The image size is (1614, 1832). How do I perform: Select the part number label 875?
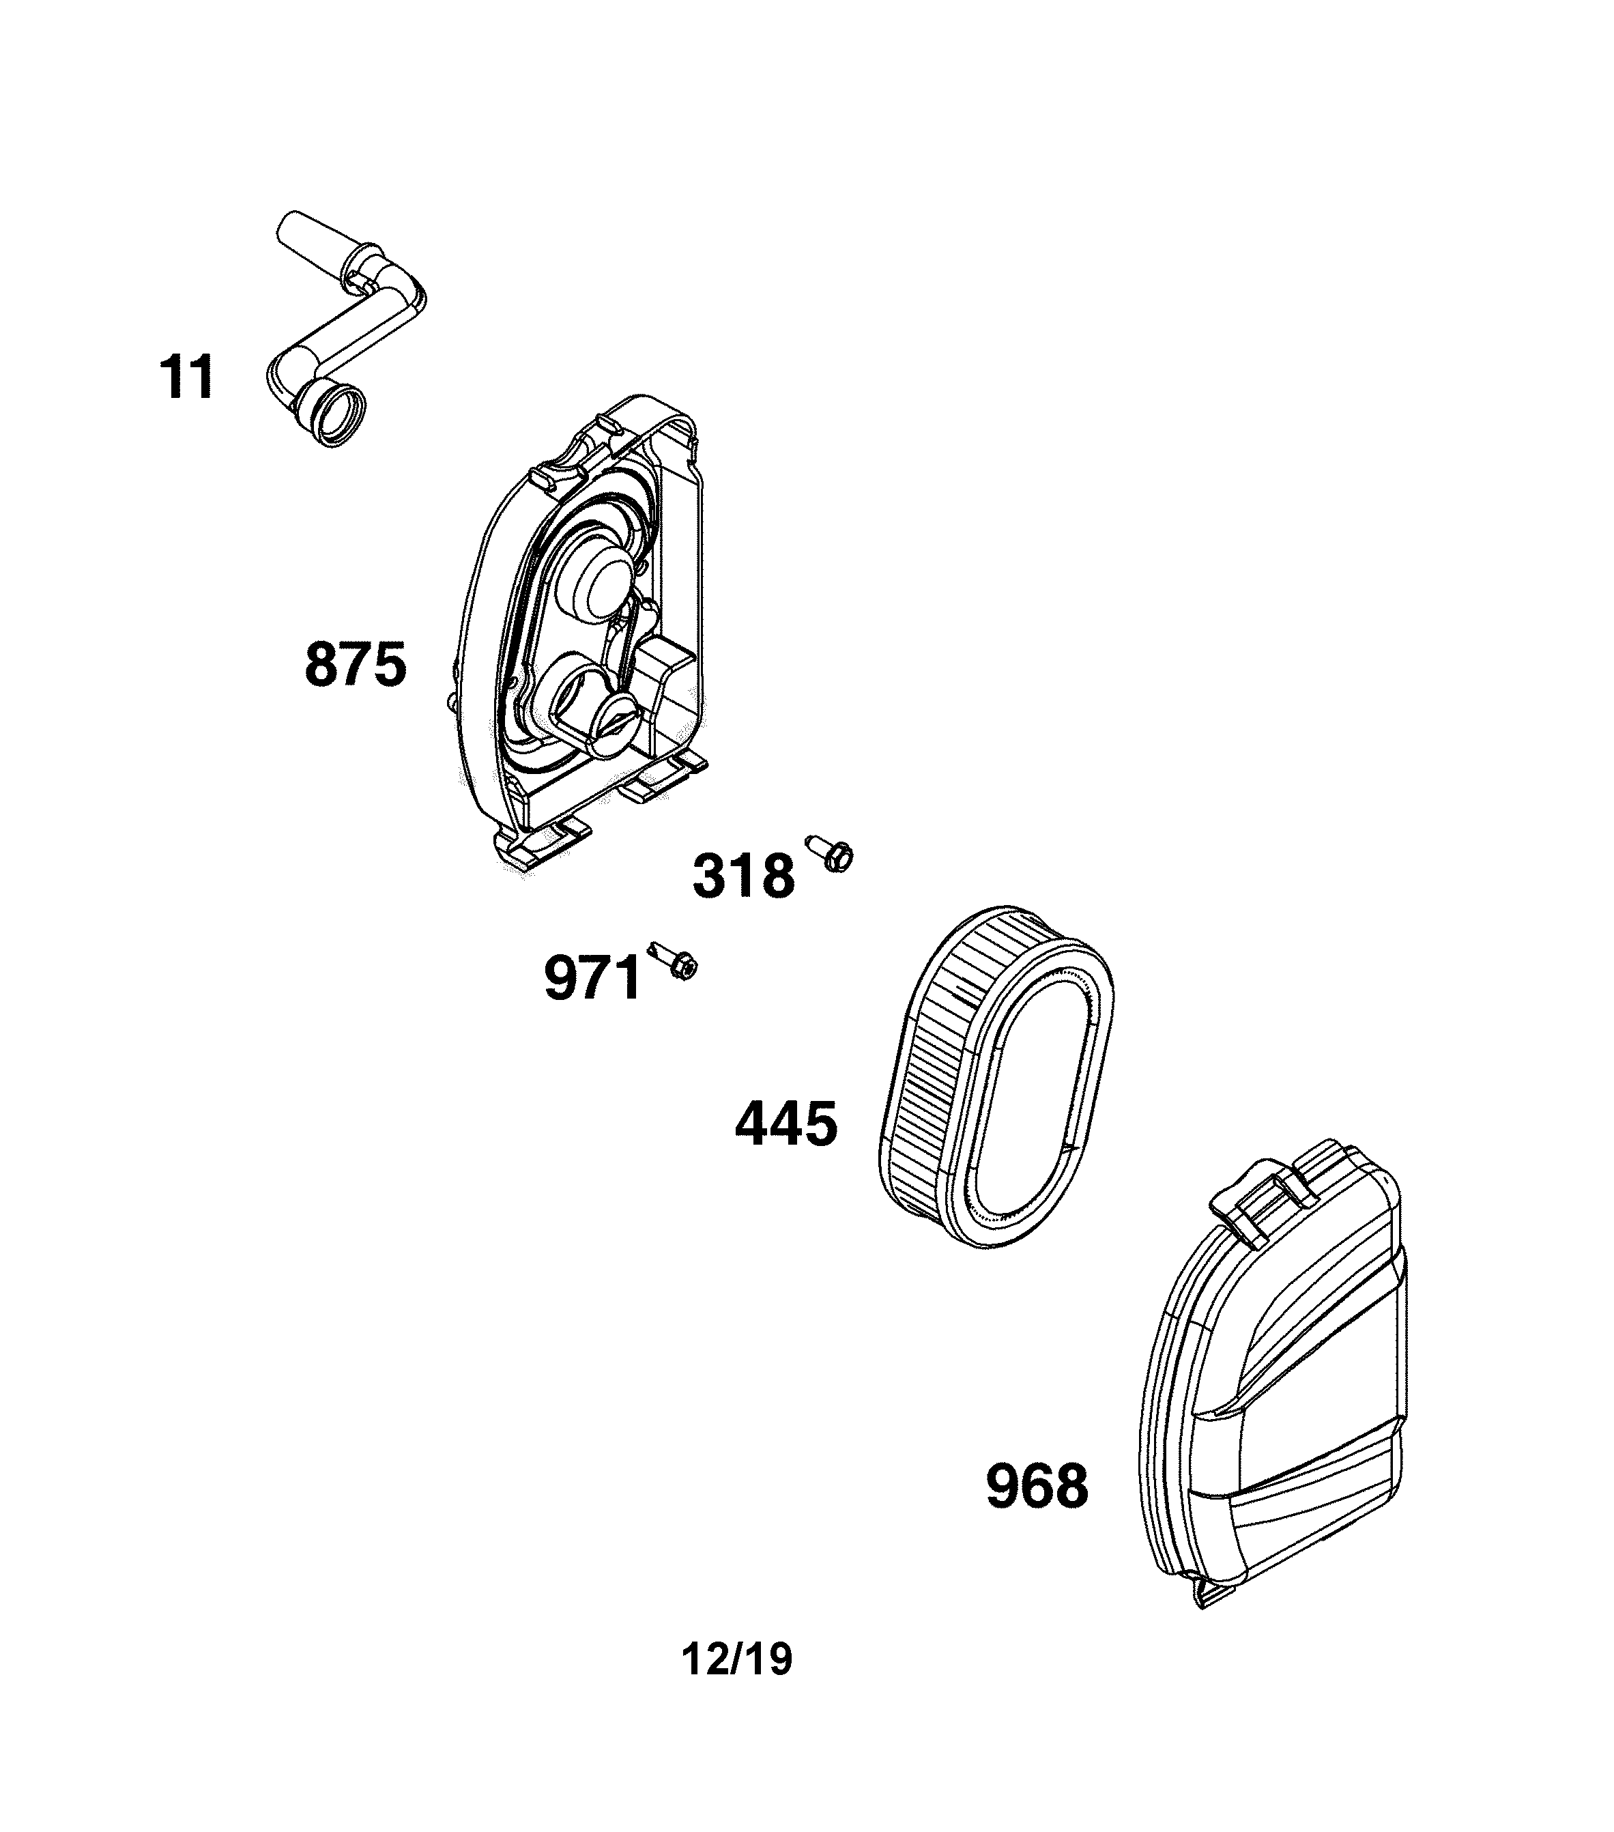[x=356, y=664]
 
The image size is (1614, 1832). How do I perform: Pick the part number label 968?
[x=1037, y=1487]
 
